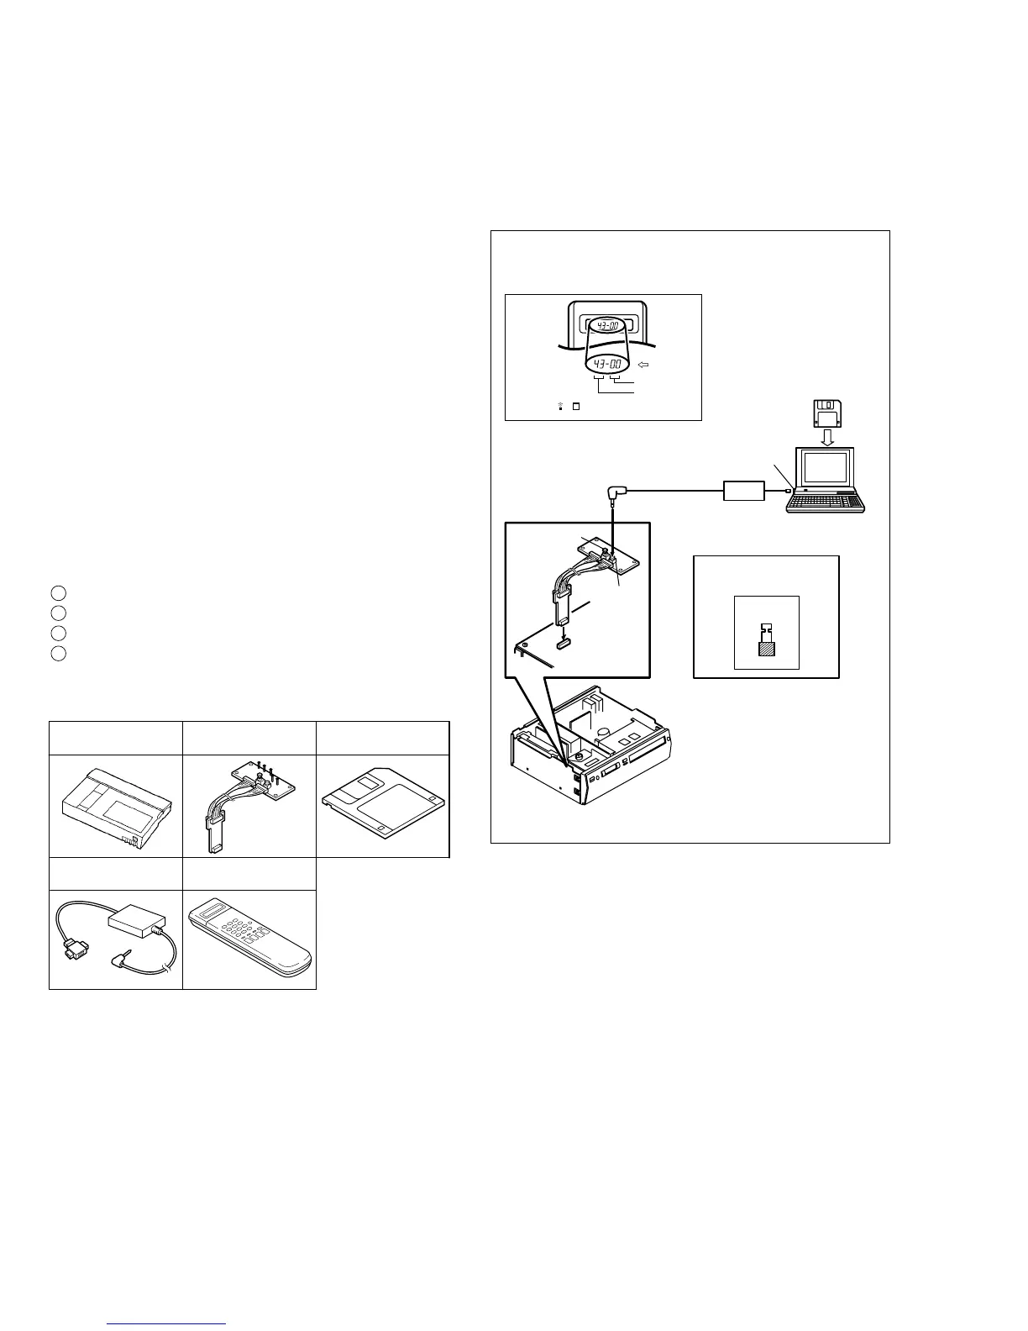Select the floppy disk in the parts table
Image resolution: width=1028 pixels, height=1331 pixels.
tap(383, 805)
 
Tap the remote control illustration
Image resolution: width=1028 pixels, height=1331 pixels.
tap(249, 939)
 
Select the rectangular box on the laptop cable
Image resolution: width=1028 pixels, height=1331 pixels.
tap(743, 491)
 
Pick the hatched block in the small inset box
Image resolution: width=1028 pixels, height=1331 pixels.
tap(765, 648)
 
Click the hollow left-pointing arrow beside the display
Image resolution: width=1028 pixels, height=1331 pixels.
tap(644, 365)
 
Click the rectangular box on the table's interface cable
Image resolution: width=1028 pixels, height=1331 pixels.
tap(133, 924)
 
